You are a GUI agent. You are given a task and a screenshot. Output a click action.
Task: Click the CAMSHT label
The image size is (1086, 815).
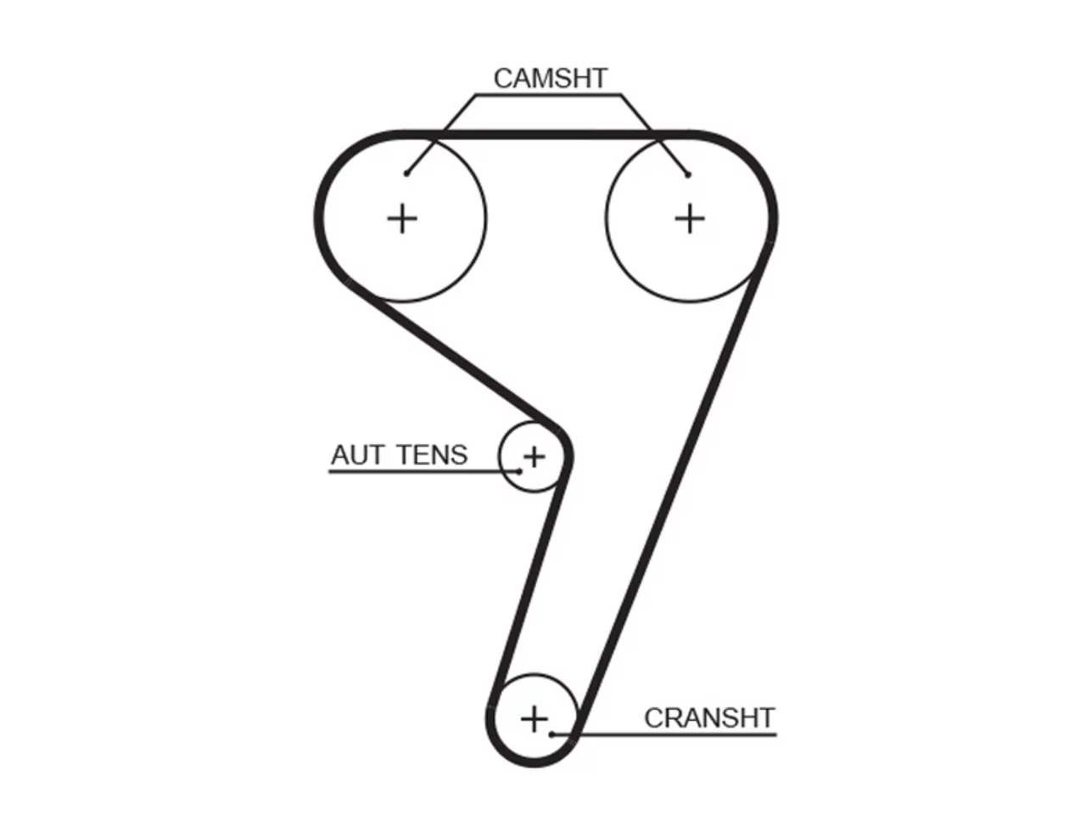(550, 78)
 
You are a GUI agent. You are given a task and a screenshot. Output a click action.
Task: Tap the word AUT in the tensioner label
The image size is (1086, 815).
(357, 455)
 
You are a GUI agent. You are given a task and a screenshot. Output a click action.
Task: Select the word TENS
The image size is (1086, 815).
(433, 455)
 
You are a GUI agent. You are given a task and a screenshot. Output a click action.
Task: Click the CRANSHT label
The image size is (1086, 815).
(709, 717)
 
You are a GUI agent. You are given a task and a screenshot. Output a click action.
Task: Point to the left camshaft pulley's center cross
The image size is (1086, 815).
(402, 218)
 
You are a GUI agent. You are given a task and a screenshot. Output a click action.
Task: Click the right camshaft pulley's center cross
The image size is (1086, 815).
(689, 218)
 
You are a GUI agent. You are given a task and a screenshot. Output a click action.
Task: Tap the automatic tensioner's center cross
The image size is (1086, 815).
(534, 456)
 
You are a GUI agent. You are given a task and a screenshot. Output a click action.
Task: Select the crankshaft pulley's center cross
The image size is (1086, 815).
(534, 718)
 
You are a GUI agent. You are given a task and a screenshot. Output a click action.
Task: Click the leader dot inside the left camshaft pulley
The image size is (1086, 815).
(406, 173)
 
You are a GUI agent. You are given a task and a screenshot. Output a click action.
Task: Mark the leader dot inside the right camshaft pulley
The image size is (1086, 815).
(688, 175)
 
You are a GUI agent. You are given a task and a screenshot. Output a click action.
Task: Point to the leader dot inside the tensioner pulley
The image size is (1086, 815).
(518, 471)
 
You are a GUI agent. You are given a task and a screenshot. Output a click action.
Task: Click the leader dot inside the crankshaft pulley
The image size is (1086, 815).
(552, 734)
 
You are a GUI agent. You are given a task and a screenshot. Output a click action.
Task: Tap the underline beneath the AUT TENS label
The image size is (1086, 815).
(424, 472)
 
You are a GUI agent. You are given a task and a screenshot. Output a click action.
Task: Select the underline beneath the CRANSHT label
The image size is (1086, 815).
(664, 735)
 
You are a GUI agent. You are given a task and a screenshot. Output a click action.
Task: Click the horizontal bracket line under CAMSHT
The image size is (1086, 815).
(548, 94)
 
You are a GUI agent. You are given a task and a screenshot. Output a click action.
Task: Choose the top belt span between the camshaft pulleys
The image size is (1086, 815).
(546, 134)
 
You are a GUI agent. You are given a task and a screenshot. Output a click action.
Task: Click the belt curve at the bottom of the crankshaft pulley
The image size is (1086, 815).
(534, 762)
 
